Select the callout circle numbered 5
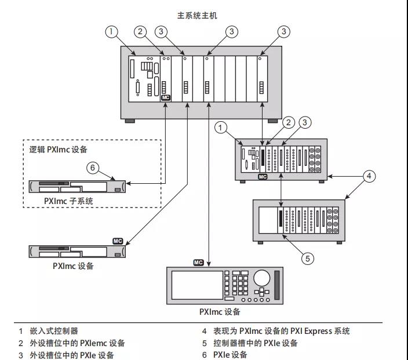pos(308,259)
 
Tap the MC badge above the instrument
pos(199,263)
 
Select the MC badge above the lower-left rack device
pos(118,241)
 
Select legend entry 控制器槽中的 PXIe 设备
pos(255,343)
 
